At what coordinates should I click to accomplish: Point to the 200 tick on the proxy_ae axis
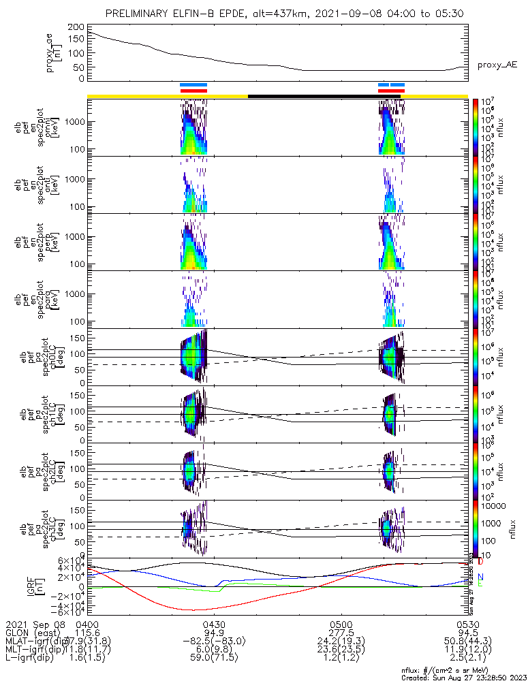tap(76, 27)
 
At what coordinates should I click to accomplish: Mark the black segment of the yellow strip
tap(313, 96)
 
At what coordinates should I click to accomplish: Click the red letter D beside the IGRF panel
tap(481, 562)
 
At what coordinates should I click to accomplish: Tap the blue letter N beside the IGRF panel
tap(481, 576)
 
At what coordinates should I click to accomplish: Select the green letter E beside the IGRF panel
tap(481, 584)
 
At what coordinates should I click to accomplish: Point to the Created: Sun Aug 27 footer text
tap(463, 678)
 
